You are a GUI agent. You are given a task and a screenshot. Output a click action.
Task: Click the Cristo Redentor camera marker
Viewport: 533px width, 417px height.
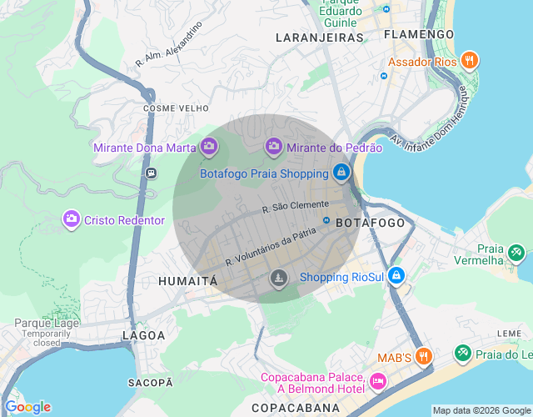pyautogui.click(x=72, y=219)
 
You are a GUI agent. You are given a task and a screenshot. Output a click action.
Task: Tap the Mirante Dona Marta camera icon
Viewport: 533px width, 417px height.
pyautogui.click(x=209, y=148)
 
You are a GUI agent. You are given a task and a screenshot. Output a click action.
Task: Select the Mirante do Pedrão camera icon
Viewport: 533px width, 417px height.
pyautogui.click(x=274, y=148)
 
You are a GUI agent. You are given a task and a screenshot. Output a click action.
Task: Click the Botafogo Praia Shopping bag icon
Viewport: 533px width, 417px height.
pyautogui.click(x=341, y=173)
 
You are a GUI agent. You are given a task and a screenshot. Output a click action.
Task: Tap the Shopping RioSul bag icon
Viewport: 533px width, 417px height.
pyautogui.click(x=396, y=276)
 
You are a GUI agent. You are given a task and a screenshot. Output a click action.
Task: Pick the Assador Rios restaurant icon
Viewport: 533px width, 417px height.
pyautogui.click(x=470, y=61)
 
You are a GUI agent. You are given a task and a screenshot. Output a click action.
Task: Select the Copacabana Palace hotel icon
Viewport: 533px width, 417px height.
pyautogui.click(x=378, y=382)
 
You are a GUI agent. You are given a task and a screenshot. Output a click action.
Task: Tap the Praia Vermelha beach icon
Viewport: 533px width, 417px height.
pyautogui.click(x=516, y=250)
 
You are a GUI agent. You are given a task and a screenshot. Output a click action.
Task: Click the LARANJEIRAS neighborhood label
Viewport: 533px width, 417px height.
pyautogui.click(x=320, y=38)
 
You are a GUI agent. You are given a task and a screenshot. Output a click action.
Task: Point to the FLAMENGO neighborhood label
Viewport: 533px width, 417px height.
pyautogui.click(x=419, y=34)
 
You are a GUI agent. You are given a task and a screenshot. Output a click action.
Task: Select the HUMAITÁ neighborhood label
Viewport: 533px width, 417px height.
pyautogui.click(x=187, y=281)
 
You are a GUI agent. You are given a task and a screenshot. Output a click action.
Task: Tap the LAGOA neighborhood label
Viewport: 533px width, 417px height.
pyautogui.click(x=138, y=335)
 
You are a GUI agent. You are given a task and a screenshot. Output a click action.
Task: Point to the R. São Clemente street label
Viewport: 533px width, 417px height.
pyautogui.click(x=295, y=206)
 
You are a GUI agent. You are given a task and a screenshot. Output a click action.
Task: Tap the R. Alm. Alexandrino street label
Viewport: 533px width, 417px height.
pyautogui.click(x=169, y=45)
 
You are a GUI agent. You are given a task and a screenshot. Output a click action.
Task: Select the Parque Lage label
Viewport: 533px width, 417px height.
pyautogui.click(x=47, y=323)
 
